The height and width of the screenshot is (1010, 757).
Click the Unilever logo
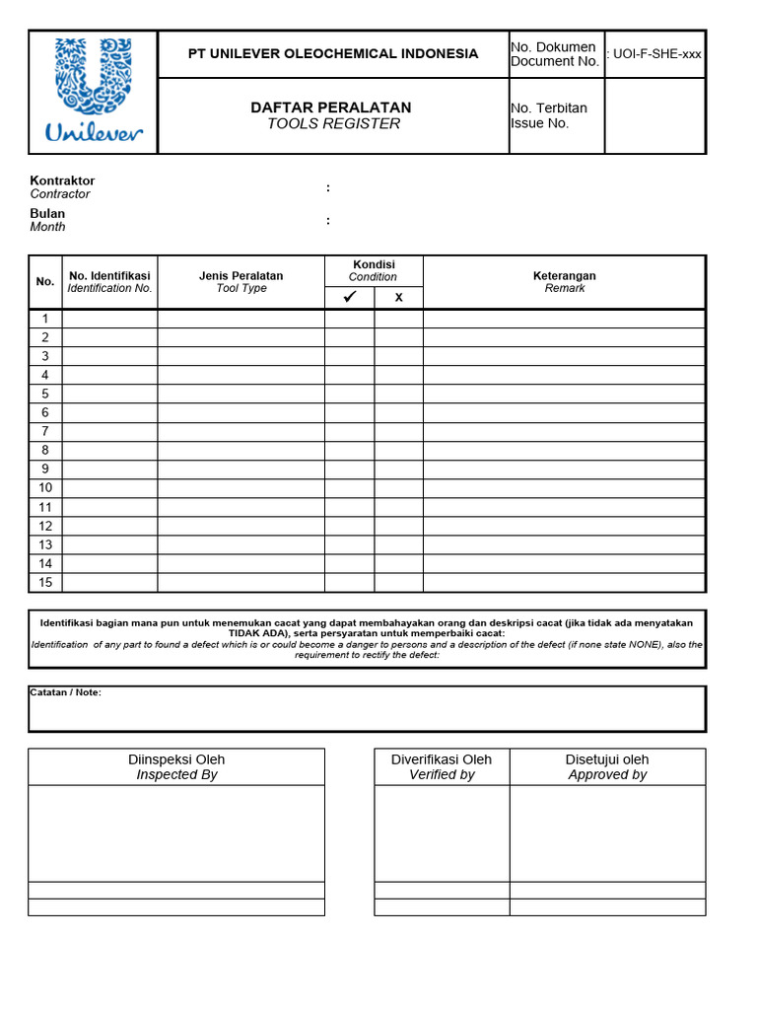coord(94,91)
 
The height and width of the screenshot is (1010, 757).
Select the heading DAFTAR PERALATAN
coord(331,108)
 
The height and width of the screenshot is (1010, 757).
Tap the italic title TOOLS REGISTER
coord(334,124)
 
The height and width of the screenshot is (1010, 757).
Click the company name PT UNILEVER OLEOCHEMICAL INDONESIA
coord(333,53)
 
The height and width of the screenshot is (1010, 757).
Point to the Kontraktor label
coord(62,181)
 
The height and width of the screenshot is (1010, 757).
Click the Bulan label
coord(47,214)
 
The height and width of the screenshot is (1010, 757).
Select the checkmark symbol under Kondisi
coord(349,297)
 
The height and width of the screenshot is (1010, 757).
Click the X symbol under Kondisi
coord(399,298)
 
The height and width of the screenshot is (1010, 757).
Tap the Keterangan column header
coord(565,276)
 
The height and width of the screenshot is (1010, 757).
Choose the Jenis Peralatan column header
coord(241,276)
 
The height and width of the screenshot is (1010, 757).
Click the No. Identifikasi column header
coord(109,276)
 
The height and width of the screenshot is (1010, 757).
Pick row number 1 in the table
coord(45,319)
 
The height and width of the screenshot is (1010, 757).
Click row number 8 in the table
coord(45,450)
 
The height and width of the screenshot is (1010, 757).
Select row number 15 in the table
coord(45,582)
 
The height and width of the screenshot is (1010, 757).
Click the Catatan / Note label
coord(65,692)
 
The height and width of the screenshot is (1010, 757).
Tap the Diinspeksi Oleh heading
coord(176,759)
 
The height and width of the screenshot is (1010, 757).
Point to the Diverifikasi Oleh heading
coord(442,759)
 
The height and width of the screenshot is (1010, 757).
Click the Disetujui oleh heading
coord(607,759)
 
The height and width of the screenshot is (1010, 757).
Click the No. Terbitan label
coord(549,108)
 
